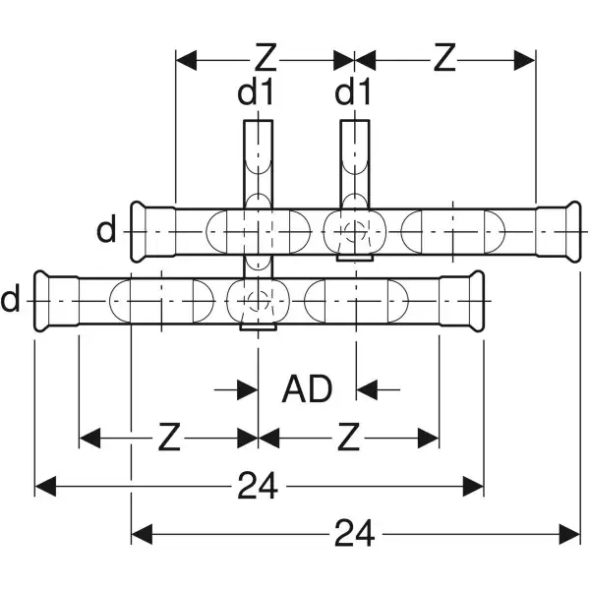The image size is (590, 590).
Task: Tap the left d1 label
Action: (x=256, y=95)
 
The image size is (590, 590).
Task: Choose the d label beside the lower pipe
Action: (x=11, y=297)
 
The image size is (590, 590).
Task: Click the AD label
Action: (x=307, y=389)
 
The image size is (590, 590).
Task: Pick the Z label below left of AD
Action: (x=170, y=438)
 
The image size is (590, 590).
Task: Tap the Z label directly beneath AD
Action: (x=348, y=438)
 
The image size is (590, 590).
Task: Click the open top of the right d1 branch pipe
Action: (x=354, y=123)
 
